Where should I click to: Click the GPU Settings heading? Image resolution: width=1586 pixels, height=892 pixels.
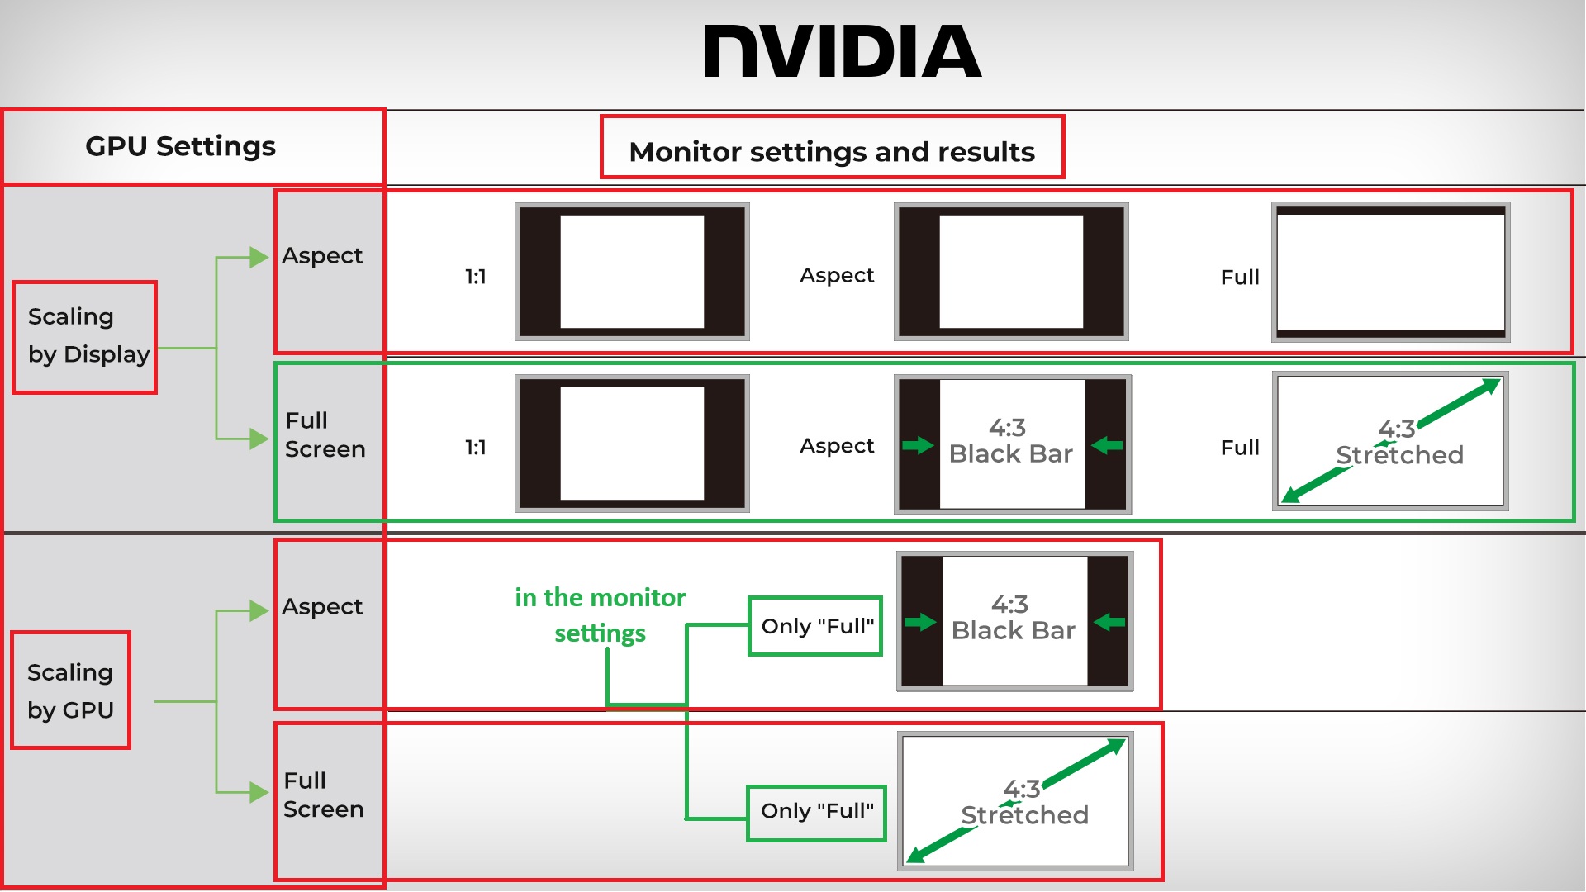[180, 146]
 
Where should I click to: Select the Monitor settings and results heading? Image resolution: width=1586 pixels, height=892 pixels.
[831, 151]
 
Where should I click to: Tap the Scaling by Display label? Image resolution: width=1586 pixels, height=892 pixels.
[86, 336]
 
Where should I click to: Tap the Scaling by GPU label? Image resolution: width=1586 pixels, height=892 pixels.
[70, 691]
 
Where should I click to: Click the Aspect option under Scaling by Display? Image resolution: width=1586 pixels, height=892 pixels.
[322, 256]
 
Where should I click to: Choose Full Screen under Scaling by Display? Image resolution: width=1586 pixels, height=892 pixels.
[325, 435]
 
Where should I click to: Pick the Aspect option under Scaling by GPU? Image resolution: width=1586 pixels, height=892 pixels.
[322, 607]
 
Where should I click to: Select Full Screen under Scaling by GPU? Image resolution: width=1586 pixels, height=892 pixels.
[323, 795]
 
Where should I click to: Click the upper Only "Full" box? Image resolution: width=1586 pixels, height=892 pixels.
[816, 626]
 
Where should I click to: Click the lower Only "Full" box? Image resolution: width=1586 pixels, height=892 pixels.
[816, 811]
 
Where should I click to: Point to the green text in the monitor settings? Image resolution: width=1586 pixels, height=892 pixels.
[601, 615]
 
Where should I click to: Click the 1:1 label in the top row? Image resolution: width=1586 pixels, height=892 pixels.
[475, 277]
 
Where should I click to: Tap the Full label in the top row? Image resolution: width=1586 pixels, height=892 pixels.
[1239, 278]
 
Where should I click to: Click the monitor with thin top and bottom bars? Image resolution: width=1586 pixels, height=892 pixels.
[1390, 273]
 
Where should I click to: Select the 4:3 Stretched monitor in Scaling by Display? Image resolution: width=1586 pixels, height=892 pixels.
[1390, 442]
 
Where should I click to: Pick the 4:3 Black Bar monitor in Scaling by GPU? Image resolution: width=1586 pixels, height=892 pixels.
[1014, 621]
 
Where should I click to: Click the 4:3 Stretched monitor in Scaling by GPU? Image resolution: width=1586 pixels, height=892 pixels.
[1015, 801]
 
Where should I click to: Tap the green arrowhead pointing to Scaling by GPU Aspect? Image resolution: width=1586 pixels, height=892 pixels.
[259, 611]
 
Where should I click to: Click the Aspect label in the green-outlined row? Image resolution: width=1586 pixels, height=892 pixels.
[836, 446]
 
